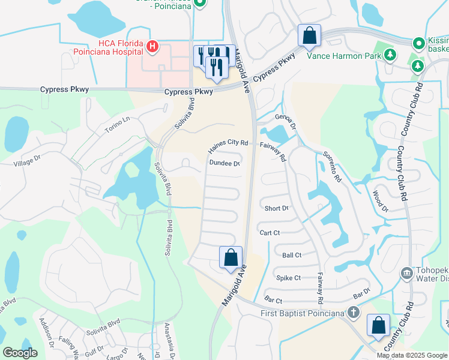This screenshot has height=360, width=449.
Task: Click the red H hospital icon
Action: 152,46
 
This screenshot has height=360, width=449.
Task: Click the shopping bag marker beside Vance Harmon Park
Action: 309,35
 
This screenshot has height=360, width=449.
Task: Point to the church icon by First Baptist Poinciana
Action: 354,313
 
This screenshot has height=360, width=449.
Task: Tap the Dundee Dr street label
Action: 224,163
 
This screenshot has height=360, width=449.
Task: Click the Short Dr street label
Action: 276,208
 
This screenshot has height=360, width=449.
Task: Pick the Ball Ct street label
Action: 291,255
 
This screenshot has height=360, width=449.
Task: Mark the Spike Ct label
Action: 288,278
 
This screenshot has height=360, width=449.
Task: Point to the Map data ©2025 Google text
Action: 411,355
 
